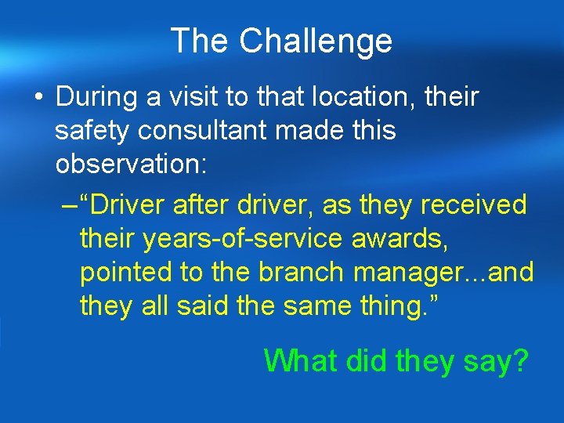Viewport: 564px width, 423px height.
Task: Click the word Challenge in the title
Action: [x=316, y=41]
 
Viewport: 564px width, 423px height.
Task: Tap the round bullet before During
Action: [x=37, y=99]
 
